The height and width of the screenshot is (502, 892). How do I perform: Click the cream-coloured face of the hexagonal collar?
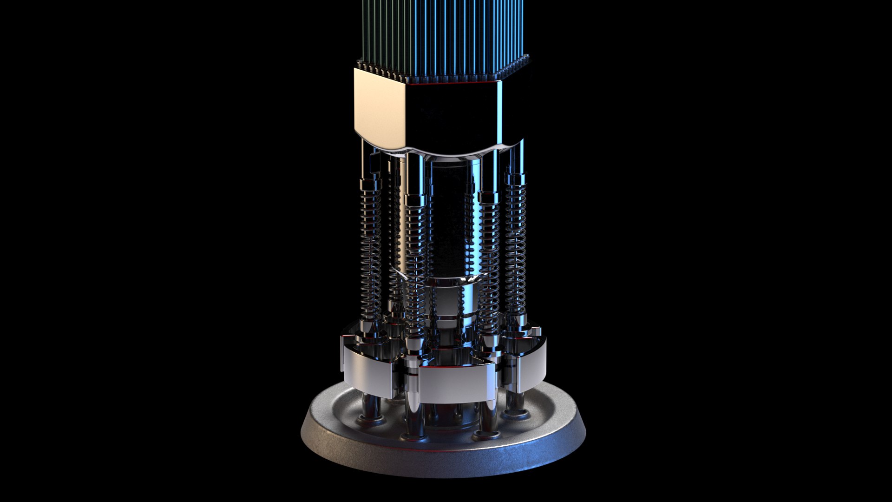(x=379, y=109)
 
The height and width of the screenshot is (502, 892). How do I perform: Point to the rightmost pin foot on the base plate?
(x=516, y=409)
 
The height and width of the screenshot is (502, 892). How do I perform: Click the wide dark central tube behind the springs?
(x=448, y=218)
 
